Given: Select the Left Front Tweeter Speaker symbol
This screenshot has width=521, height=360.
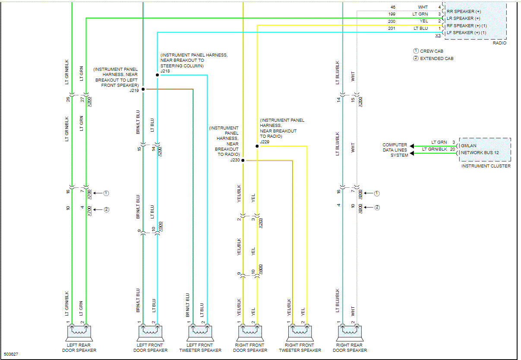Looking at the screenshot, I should coord(201,333).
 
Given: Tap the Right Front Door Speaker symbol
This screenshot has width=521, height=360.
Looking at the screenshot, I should coord(250,333).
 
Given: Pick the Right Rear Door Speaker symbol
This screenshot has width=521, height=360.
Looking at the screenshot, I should coord(350,333).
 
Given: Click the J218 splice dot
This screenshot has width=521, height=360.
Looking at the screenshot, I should coord(158,75).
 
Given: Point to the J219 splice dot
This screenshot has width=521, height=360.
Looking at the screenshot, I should coord(143,89).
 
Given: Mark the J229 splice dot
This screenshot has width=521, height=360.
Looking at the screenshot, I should coord(257,146).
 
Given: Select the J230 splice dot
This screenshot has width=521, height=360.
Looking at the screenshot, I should coord(243,161).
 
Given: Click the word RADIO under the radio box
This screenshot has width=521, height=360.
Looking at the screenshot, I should coord(499,43).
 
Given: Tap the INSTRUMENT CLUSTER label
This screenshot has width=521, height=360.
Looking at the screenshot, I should coord(486,166).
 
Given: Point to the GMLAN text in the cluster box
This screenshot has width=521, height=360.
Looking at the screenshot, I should coord(469,146).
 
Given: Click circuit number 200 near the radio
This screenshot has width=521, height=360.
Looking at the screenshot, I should coord(392,21).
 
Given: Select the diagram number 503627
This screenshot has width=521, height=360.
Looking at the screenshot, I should coord(12,354).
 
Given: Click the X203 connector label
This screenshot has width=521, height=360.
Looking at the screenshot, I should coord(260,223).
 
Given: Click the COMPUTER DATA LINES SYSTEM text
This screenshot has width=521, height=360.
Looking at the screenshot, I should coord(395,150).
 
